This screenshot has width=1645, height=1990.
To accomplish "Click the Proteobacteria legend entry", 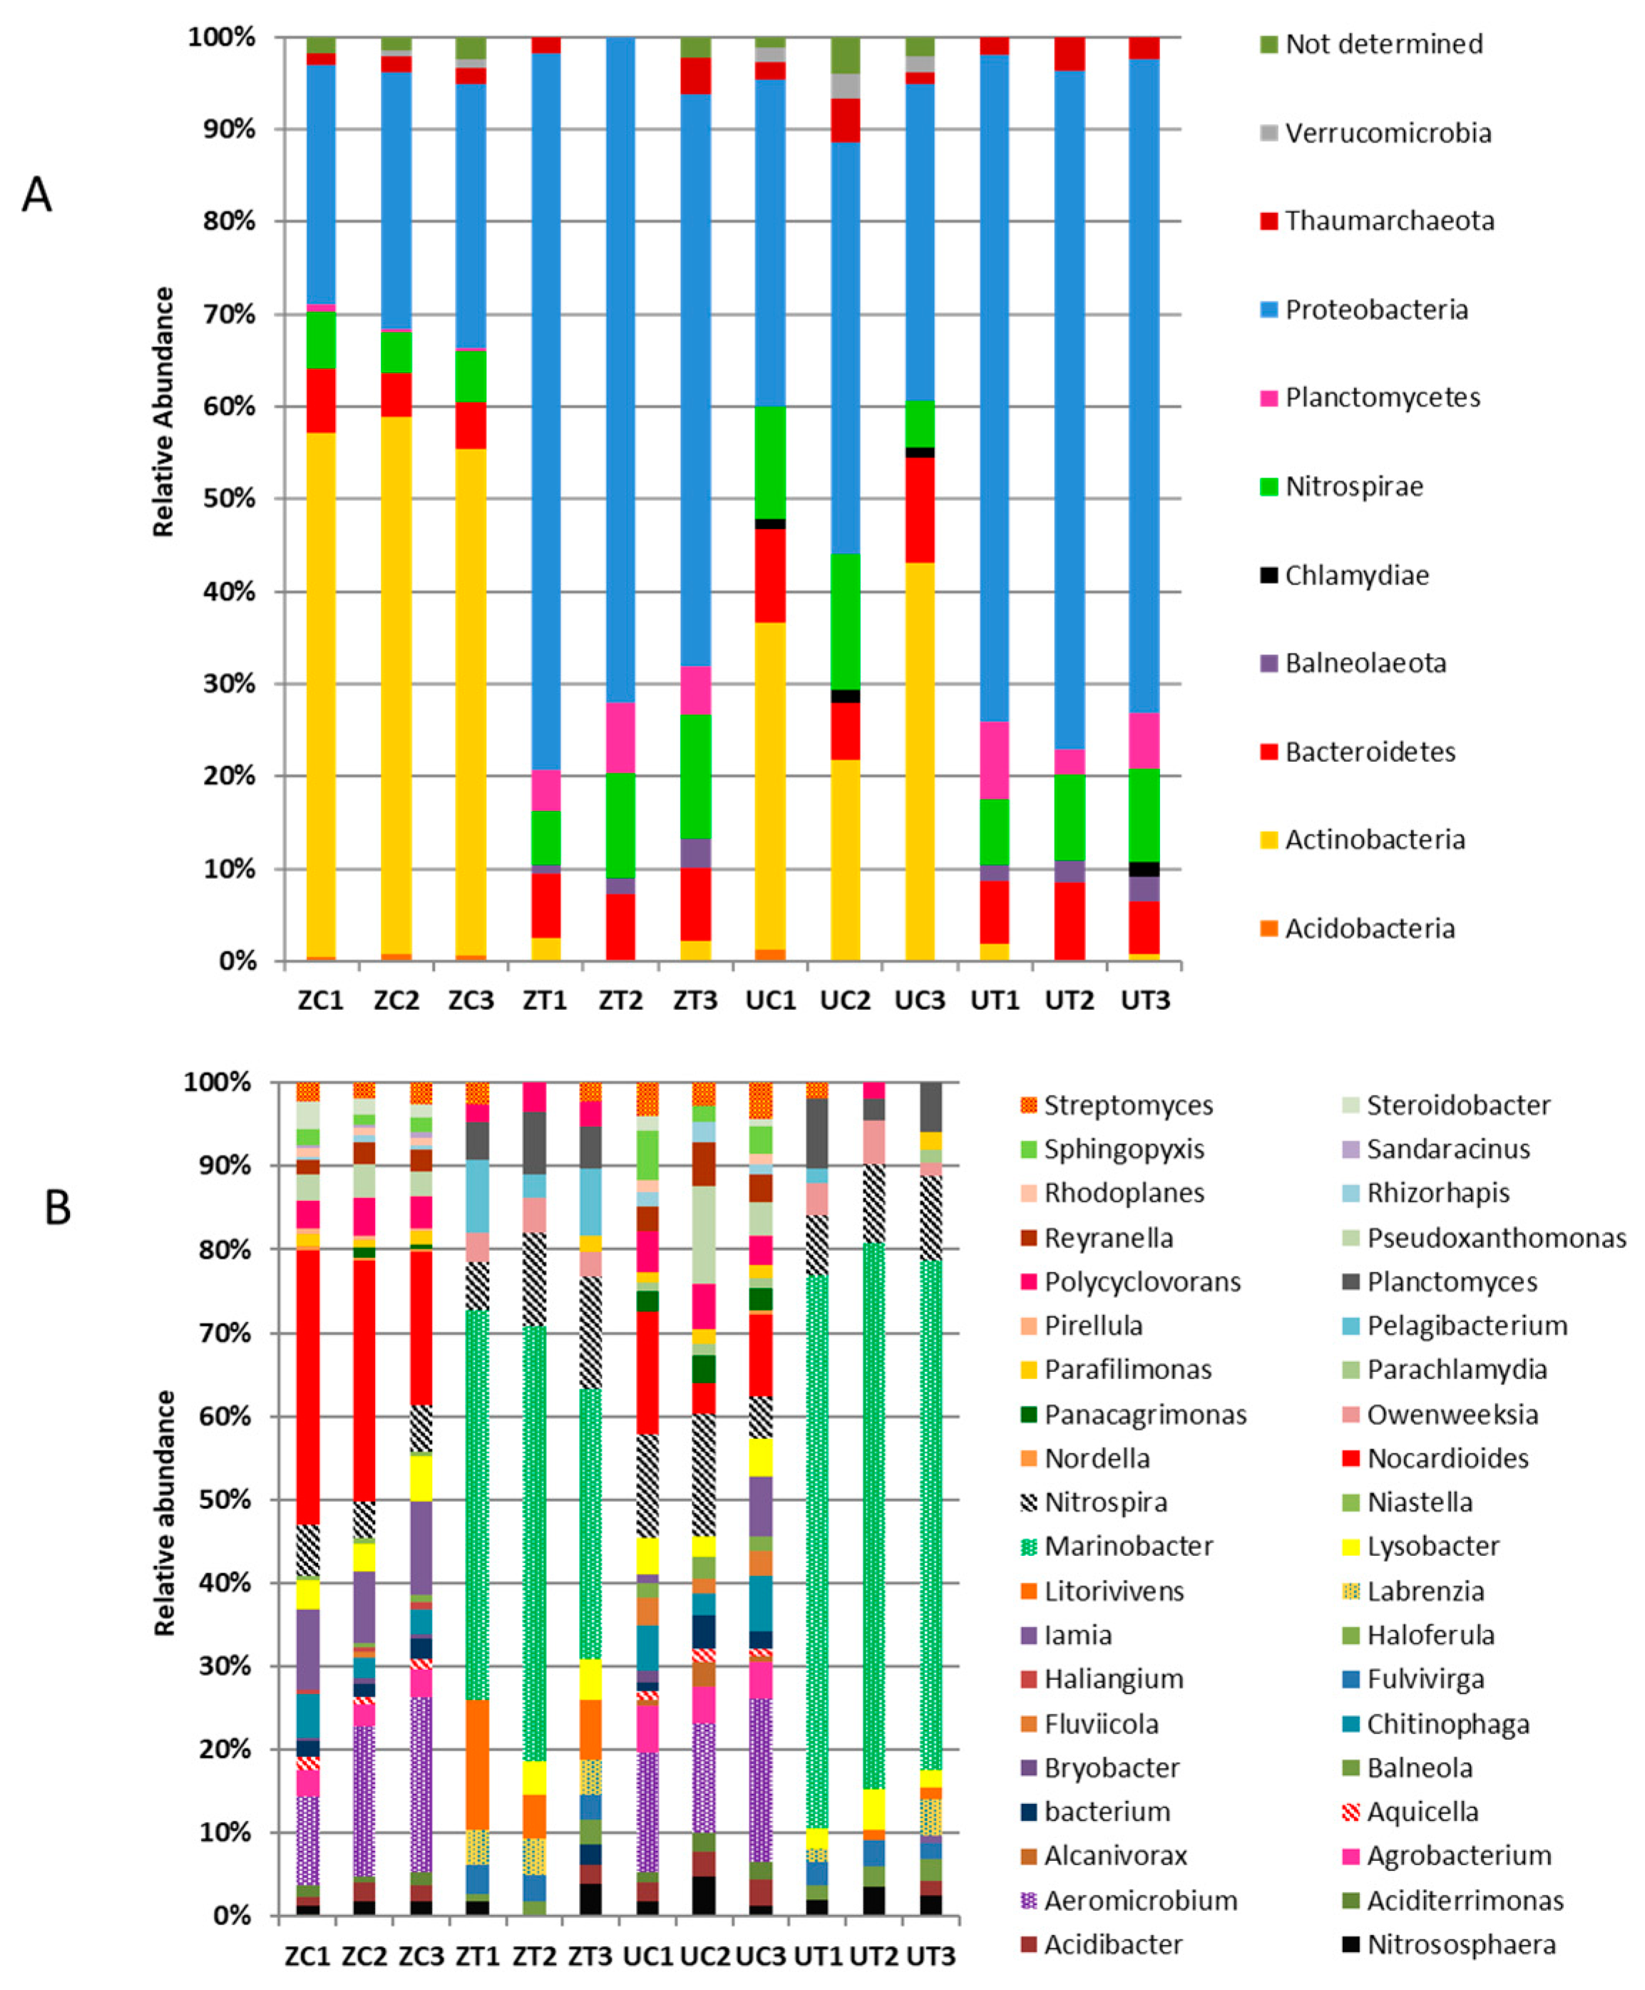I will (x=1376, y=310).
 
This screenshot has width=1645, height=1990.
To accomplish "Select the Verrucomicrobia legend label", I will (x=1388, y=133).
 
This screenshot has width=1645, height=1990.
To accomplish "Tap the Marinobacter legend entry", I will (x=1127, y=1546).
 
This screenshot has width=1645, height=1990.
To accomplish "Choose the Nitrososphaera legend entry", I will (x=1460, y=1944).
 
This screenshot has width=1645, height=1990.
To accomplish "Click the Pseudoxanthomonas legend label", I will (x=1495, y=1238).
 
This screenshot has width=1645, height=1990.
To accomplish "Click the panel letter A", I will (x=37, y=195).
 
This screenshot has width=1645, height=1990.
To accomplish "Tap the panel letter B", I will (x=57, y=1207).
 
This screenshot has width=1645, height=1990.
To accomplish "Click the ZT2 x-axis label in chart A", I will (x=620, y=1000).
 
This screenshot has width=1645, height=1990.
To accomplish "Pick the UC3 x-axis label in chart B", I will (x=760, y=1956).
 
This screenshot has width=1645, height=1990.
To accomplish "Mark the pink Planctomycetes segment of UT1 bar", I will (x=994, y=760).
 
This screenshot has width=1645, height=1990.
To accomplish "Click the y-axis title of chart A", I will (x=164, y=412).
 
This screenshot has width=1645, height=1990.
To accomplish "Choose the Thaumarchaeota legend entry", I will (x=1388, y=222).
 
